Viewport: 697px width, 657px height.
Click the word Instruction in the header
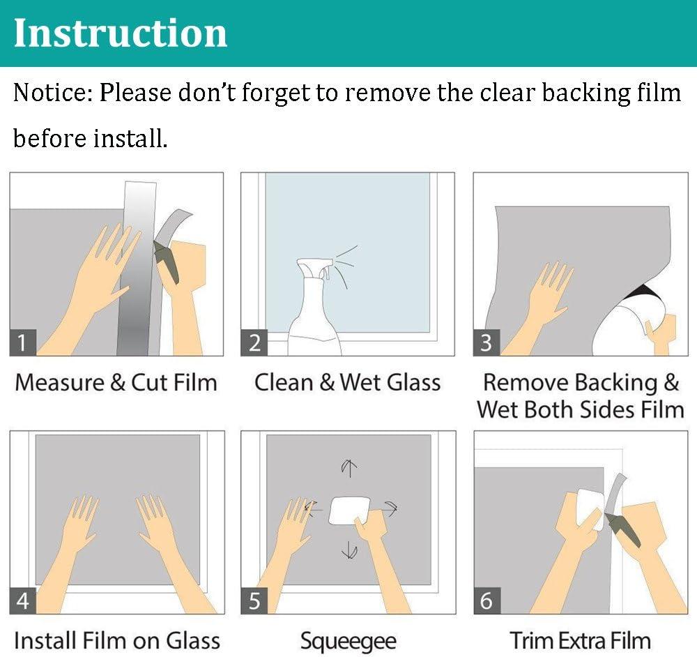click(x=121, y=33)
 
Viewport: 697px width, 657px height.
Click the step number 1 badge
click(x=23, y=342)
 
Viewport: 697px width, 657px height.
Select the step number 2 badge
click(x=254, y=342)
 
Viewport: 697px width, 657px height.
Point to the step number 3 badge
click(x=487, y=342)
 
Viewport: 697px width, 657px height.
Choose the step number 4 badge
click(x=23, y=601)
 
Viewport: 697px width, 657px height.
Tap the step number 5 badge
click(x=254, y=601)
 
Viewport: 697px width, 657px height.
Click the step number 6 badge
click(x=487, y=601)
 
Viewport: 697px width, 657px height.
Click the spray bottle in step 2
click(x=315, y=311)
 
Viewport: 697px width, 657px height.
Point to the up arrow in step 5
click(x=349, y=469)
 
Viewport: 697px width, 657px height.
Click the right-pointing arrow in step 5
click(x=390, y=508)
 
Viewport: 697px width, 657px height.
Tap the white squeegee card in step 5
click(x=349, y=511)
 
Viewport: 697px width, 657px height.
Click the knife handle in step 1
click(x=167, y=262)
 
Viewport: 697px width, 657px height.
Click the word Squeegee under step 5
click(x=348, y=642)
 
